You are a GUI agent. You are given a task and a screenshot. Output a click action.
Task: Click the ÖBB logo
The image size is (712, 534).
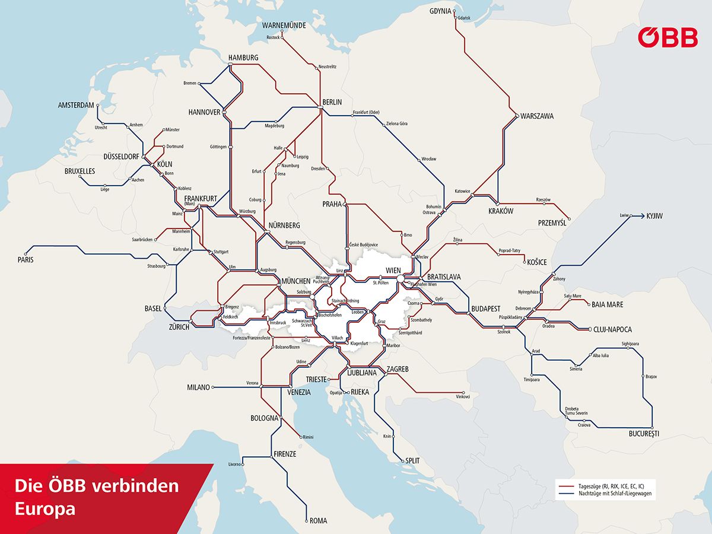(x=667, y=37)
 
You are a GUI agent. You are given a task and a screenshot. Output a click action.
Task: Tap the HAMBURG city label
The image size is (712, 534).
(x=243, y=58)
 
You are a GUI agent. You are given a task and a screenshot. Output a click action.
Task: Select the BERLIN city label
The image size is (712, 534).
(x=332, y=102)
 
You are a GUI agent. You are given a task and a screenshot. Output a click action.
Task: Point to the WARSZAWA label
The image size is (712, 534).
(x=537, y=116)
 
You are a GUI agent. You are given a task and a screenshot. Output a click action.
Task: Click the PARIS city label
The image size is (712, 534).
(x=26, y=259)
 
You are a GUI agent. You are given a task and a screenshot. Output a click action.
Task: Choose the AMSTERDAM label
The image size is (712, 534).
(x=76, y=105)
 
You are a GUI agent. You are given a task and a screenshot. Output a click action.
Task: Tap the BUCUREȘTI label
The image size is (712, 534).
(x=644, y=434)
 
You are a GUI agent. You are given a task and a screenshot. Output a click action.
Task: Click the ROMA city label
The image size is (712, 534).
(x=318, y=521)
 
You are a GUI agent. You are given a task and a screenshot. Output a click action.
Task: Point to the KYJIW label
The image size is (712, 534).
(x=654, y=216)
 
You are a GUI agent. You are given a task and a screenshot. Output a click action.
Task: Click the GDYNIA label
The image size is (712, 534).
(x=441, y=11)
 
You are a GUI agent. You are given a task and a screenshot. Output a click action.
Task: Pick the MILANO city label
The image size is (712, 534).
(x=199, y=387)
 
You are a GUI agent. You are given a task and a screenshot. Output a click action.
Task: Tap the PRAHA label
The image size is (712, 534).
(x=332, y=204)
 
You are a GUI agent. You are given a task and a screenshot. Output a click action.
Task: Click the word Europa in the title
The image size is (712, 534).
(x=45, y=509)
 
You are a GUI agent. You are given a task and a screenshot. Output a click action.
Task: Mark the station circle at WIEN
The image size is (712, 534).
(x=401, y=278)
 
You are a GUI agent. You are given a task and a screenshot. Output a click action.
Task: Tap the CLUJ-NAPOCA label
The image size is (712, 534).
(x=612, y=329)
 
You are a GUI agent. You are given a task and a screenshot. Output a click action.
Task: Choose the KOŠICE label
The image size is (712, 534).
(x=536, y=262)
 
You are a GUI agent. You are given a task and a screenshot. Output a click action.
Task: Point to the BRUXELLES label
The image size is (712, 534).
(x=80, y=171)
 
